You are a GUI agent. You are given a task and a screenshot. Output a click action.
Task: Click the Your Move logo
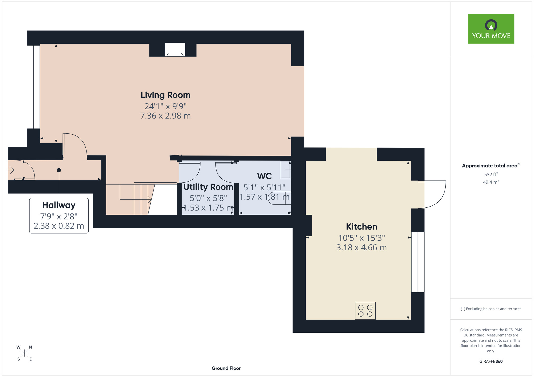(x=491, y=29)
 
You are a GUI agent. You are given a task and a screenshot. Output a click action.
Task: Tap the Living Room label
(x=166, y=95)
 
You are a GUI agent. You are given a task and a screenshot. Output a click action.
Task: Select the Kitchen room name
(x=362, y=227)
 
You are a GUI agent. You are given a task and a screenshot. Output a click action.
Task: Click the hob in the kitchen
(x=365, y=311)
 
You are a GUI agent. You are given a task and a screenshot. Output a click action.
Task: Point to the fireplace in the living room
(x=175, y=50)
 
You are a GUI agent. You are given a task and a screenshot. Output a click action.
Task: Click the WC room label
(x=264, y=176)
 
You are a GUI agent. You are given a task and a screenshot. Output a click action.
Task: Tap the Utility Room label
(x=208, y=187)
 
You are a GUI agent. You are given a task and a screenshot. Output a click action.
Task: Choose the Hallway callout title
(x=59, y=205)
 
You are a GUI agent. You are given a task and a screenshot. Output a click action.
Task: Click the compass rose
(x=24, y=353)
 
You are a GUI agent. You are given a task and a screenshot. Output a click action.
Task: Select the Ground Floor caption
(x=226, y=368)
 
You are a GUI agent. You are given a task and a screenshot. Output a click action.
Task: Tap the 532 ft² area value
(x=491, y=174)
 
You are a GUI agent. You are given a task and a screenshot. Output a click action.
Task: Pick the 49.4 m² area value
(x=491, y=182)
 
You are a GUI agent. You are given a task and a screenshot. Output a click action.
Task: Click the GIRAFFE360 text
(x=491, y=362)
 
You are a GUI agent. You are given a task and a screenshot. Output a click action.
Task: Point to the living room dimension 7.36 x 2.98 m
(x=166, y=116)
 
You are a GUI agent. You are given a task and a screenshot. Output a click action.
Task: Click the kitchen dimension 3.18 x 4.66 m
(x=362, y=247)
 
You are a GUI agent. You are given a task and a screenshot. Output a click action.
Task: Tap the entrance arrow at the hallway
(x=11, y=170)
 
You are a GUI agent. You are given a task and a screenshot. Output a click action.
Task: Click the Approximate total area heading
(x=491, y=166)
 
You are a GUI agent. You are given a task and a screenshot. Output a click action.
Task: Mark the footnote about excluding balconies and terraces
(x=491, y=309)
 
